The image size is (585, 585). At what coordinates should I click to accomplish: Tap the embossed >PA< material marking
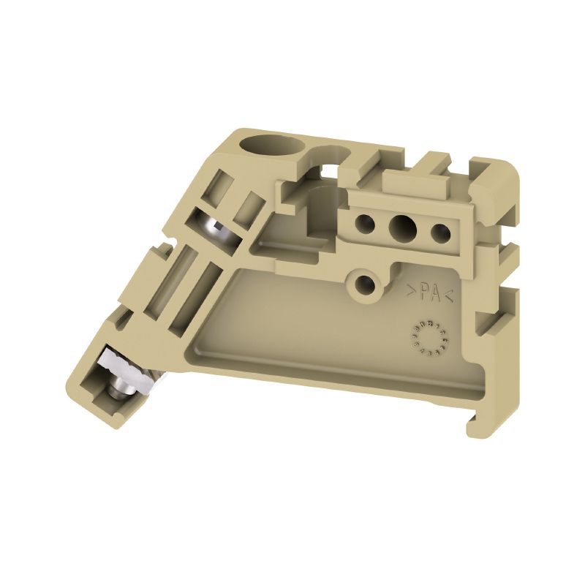[x=431, y=293]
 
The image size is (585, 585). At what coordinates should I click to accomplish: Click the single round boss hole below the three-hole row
[x=364, y=284]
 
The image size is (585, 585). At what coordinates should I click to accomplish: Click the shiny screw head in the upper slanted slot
[x=215, y=230]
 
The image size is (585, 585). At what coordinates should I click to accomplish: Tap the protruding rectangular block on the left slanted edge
[x=156, y=260]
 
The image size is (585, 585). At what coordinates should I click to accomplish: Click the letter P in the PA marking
[x=424, y=292]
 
